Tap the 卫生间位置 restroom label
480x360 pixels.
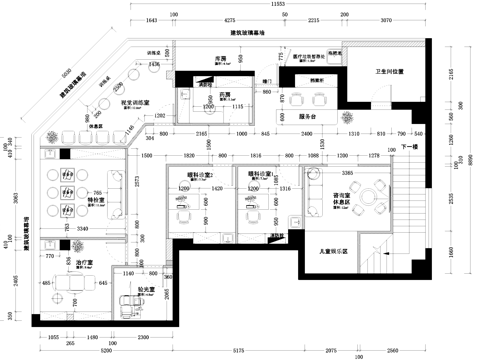[389, 72]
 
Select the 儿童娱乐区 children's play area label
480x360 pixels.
[332, 252]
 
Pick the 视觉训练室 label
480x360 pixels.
[134, 102]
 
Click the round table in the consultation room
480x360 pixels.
[375, 194]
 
